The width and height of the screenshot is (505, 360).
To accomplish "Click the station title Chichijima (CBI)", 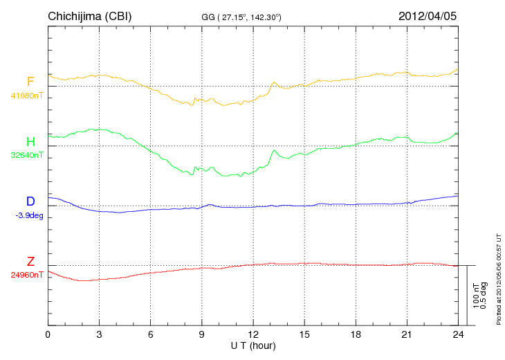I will [x=89, y=16].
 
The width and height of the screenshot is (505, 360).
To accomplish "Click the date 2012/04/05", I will [x=428, y=16].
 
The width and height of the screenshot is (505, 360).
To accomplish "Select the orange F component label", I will [x=30, y=82].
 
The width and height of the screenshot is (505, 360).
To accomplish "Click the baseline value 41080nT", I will [x=26, y=96].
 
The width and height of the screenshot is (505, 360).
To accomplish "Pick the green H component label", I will [x=30, y=142].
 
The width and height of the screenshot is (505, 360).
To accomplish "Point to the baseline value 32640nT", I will [x=26, y=155].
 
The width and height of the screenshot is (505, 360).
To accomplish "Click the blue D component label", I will [x=30, y=201].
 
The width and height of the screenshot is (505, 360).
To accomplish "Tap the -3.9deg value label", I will [x=29, y=215].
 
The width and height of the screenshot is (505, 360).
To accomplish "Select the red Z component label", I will [x=30, y=262].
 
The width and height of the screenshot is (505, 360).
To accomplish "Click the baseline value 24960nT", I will [x=26, y=275].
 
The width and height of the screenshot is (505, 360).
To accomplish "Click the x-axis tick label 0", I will [x=48, y=335].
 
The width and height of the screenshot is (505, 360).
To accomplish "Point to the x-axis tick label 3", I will [x=100, y=335].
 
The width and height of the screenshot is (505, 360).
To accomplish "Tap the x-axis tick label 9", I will [x=202, y=335].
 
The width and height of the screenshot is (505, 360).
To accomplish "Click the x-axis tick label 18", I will [x=356, y=335].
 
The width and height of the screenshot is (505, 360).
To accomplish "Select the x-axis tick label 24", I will [x=459, y=335].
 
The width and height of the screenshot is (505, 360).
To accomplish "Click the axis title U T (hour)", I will [x=253, y=345].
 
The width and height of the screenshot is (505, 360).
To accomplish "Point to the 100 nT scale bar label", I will [x=476, y=296].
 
